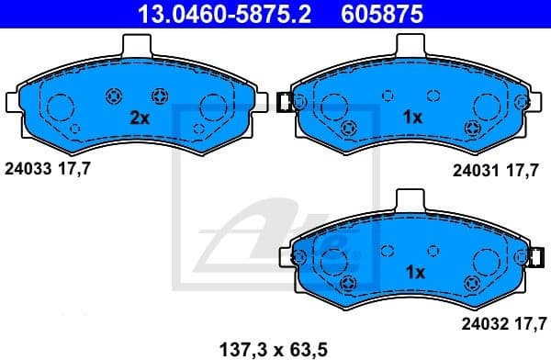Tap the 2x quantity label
pyautogui.click(x=139, y=118)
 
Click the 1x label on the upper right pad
pyautogui.click(x=412, y=118)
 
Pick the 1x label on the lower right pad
pyautogui.click(x=414, y=272)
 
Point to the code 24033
pyautogui.click(x=27, y=168)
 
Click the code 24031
pyautogui.click(x=475, y=170)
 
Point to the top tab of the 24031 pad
pyautogui.click(x=410, y=45)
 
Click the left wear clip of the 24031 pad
pyautogui.click(x=284, y=102)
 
